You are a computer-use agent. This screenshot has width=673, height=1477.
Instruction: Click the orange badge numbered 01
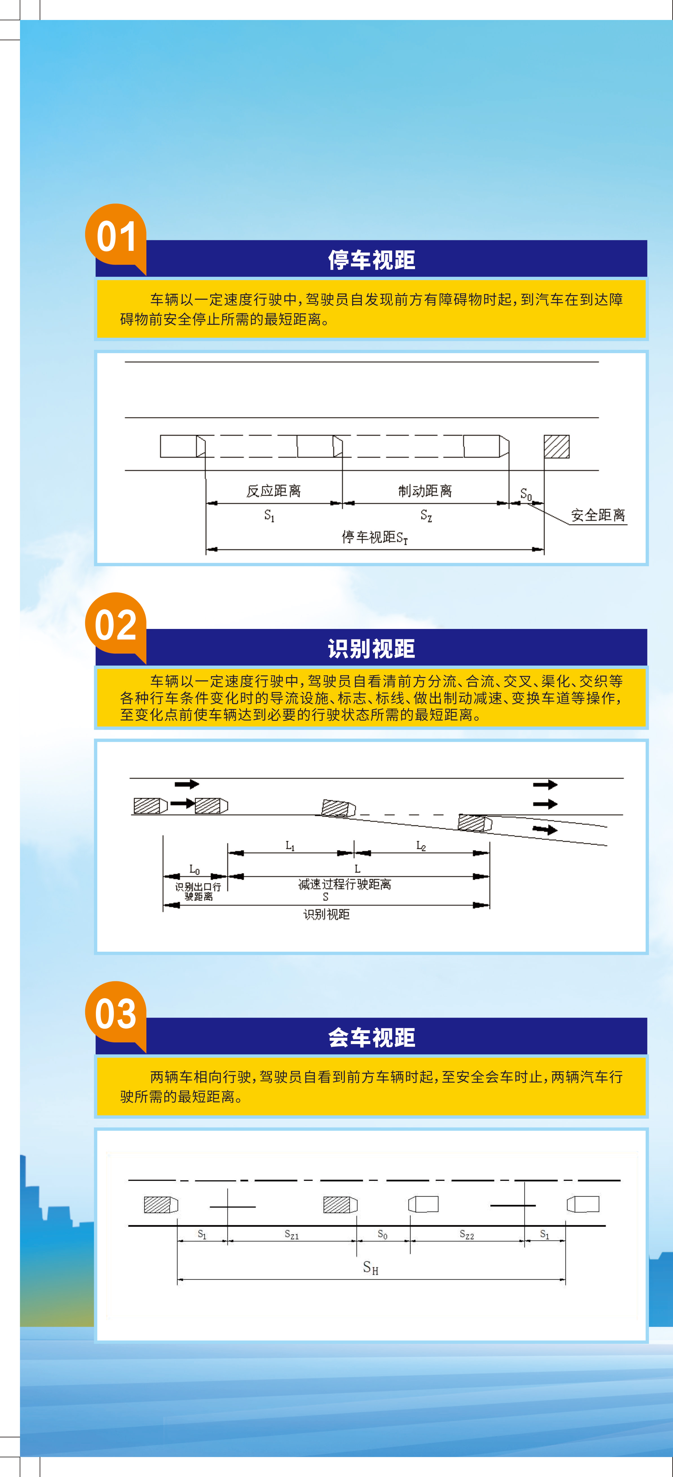click(116, 236)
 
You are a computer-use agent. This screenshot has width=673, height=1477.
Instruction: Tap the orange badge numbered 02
click(116, 625)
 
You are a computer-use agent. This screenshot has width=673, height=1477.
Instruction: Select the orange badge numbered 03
click(116, 1014)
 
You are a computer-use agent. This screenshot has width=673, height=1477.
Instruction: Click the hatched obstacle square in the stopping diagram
click(557, 446)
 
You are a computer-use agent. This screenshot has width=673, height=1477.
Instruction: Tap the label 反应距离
click(274, 491)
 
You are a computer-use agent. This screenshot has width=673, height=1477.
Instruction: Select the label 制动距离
click(425, 491)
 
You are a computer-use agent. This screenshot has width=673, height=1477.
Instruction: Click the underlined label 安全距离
click(598, 515)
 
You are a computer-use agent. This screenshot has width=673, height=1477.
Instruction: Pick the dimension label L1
click(290, 846)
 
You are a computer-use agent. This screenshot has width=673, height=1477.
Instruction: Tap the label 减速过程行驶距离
click(344, 884)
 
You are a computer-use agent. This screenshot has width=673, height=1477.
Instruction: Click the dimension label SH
click(371, 1267)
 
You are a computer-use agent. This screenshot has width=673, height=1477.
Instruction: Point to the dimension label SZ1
click(292, 1234)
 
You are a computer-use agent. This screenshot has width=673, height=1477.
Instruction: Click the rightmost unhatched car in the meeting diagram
click(583, 1204)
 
